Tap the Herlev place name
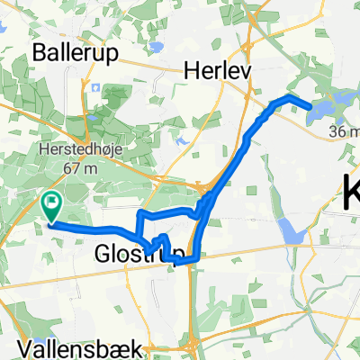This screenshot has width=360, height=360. [216, 69]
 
